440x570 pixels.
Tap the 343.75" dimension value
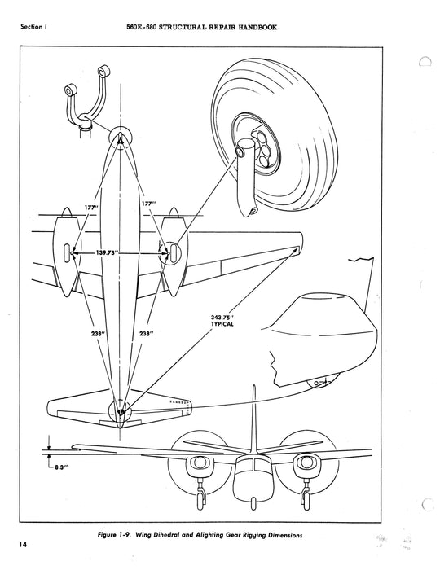(222, 317)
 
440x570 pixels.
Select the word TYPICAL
(222, 323)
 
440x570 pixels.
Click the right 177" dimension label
(147, 204)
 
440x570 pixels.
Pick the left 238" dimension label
(97, 333)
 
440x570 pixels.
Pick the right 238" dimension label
(146, 333)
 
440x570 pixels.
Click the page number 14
(24, 544)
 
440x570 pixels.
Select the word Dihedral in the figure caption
(166, 535)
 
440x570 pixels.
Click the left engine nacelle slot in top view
(67, 252)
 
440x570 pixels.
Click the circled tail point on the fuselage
(120, 411)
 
